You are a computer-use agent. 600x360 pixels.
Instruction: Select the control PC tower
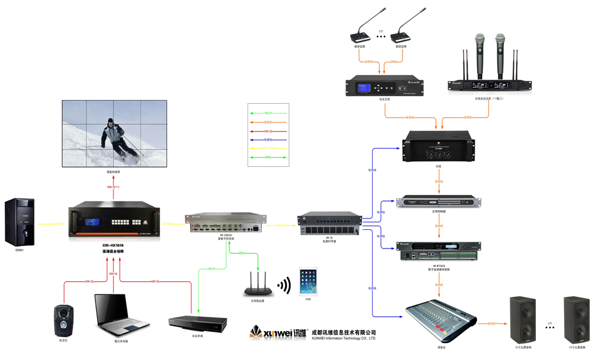[19, 221]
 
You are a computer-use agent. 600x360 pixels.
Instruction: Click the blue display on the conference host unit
[364, 88]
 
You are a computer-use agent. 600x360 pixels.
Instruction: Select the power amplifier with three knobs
[438, 148]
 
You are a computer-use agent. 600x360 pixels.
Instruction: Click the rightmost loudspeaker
[577, 319]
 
